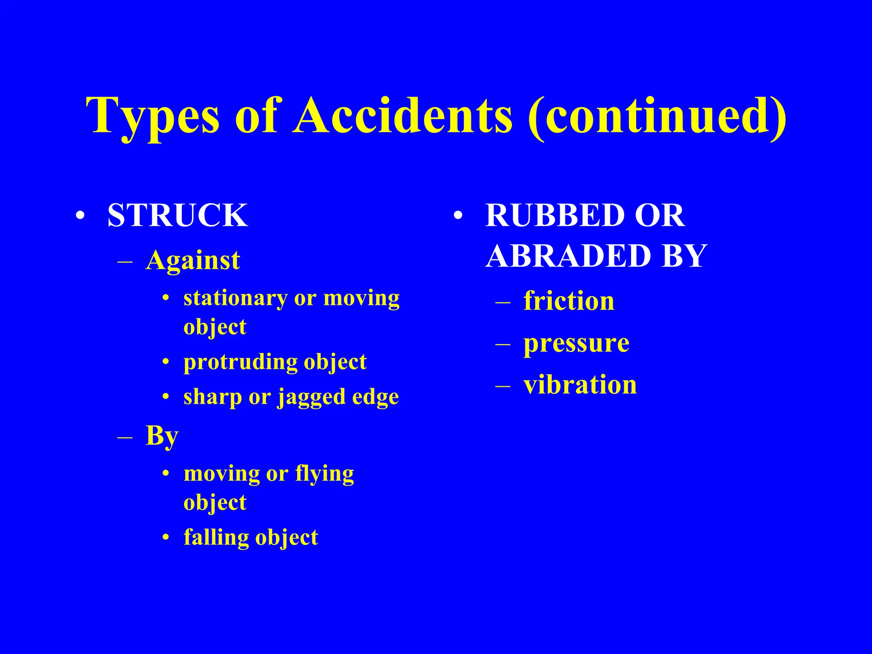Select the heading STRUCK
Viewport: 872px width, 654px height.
(178, 215)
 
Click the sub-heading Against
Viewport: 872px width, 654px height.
(193, 261)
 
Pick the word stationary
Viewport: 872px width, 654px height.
(235, 298)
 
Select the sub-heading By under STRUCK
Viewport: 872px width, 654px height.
(162, 436)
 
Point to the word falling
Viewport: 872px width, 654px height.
(216, 537)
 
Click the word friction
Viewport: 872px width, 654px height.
(569, 301)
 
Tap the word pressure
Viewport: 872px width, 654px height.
(576, 343)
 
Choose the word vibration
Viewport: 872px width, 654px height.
(580, 385)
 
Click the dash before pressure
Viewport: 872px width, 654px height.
(503, 344)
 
